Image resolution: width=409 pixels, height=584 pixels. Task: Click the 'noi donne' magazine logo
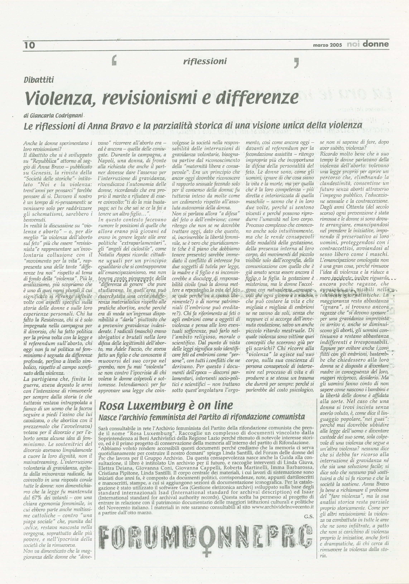coord(368,44)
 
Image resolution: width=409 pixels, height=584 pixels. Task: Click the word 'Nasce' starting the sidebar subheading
coord(108,417)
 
